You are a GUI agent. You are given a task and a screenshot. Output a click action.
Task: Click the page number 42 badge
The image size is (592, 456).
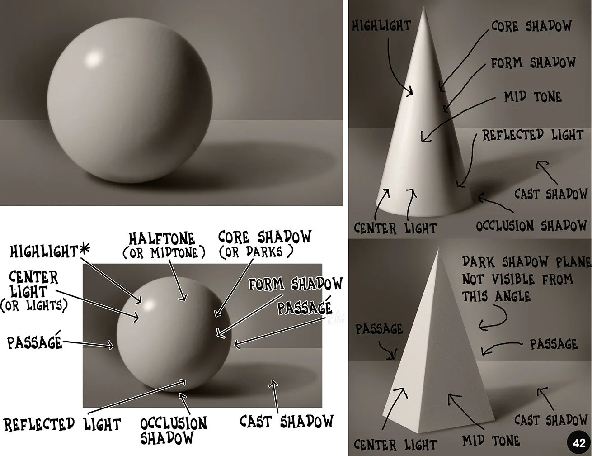pyautogui.click(x=579, y=443)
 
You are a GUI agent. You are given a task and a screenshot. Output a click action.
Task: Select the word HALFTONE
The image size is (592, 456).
pyautogui.click(x=162, y=238)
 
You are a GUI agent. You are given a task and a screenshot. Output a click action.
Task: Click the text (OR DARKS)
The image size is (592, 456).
pyautogui.click(x=256, y=252)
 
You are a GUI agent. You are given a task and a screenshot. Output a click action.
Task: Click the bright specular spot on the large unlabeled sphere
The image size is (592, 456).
pyautogui.click(x=94, y=59)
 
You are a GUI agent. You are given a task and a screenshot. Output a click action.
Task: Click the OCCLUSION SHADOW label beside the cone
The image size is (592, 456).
pyautogui.click(x=531, y=225)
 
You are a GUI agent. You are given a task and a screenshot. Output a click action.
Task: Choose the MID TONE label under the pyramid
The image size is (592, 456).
pyautogui.click(x=491, y=440)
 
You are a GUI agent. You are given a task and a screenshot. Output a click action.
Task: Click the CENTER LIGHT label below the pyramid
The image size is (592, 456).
pyautogui.click(x=395, y=444)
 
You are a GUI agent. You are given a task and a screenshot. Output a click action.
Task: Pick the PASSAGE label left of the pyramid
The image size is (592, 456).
pyautogui.click(x=379, y=329)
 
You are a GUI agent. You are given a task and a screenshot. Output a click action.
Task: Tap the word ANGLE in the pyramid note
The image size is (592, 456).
pyautogui.click(x=509, y=296)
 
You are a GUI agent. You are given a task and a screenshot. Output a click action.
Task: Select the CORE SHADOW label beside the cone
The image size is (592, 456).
pyautogui.click(x=531, y=26)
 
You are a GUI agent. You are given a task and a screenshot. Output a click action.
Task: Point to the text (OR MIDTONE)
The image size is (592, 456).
pyautogui.click(x=160, y=252)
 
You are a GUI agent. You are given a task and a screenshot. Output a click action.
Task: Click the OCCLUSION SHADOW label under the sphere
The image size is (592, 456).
pyautogui.click(x=174, y=430)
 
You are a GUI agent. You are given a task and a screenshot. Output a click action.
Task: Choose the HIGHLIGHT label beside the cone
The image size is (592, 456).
pyautogui.click(x=381, y=26)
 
